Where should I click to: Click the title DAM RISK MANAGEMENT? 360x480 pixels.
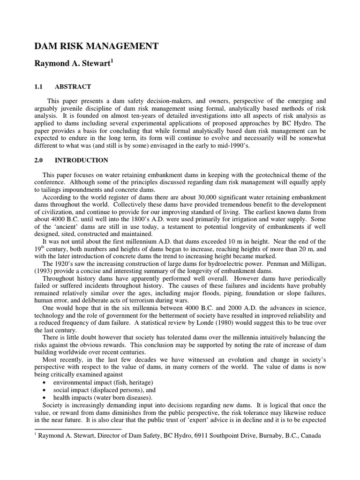coord(97,46)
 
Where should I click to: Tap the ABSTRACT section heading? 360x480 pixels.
coord(73,87)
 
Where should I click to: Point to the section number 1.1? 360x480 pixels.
coord(41,87)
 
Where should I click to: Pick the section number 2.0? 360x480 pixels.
coord(41,160)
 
